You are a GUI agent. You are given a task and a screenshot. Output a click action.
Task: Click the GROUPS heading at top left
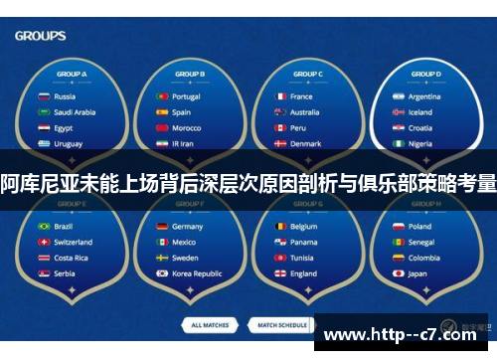pyautogui.click(x=41, y=36)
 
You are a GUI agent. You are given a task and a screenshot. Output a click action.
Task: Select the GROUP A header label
pyautogui.click(x=72, y=75)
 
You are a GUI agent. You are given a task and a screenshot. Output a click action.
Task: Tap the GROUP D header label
pyautogui.click(x=424, y=75)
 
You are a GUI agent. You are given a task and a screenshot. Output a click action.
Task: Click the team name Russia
pyautogui.click(x=65, y=96)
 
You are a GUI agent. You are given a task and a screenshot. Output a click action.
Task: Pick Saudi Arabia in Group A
pyautogui.click(x=75, y=112)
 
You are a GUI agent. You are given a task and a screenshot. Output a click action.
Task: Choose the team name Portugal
pyautogui.click(x=186, y=96)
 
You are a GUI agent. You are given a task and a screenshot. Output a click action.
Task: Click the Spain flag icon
pyautogui.click(x=160, y=112)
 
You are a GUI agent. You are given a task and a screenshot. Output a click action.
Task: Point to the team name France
pyautogui.click(x=301, y=96)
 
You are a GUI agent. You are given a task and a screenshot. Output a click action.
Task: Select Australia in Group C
pyautogui.click(x=304, y=112)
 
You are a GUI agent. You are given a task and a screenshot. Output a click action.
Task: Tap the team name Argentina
pyautogui.click(x=424, y=96)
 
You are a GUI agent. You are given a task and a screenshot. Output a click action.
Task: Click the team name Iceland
pyautogui.click(x=420, y=112)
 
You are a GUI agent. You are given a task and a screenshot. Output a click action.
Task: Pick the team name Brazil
pyautogui.click(x=64, y=226)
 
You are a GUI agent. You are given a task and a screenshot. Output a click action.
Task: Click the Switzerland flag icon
pyautogui.click(x=43, y=242)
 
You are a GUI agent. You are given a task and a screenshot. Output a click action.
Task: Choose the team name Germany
pyautogui.click(x=187, y=226)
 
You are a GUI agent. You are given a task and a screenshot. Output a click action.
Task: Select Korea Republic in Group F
pyautogui.click(x=197, y=273)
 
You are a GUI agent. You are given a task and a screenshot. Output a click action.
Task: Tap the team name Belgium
pyautogui.click(x=304, y=226)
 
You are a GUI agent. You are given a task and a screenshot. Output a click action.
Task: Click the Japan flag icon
pyautogui.click(x=398, y=273)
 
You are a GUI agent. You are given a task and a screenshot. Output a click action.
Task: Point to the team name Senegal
pyautogui.click(x=421, y=242)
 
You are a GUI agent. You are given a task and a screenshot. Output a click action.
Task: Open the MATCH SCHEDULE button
pyautogui.click(x=282, y=325)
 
